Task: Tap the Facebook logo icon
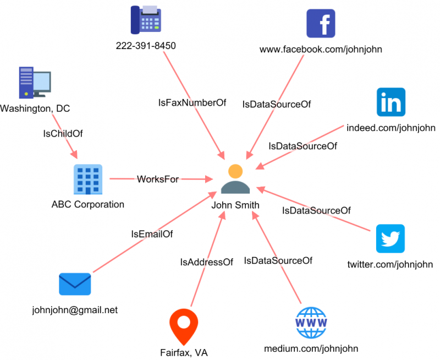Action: tap(321, 24)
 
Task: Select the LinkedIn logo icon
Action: tap(391, 102)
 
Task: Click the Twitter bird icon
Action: tap(391, 238)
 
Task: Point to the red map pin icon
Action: tap(184, 326)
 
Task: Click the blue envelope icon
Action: tap(75, 284)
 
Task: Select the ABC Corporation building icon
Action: tap(88, 179)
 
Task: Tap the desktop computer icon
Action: tap(34, 82)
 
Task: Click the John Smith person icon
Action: tap(235, 179)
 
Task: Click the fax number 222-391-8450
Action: tap(146, 46)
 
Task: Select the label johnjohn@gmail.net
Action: tap(75, 309)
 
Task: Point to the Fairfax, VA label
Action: tap(184, 352)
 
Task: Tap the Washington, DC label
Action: tap(35, 108)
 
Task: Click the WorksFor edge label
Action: tap(158, 179)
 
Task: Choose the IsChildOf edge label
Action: tap(63, 133)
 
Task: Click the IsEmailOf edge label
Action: tap(152, 234)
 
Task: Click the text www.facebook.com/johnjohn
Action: tap(321, 50)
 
